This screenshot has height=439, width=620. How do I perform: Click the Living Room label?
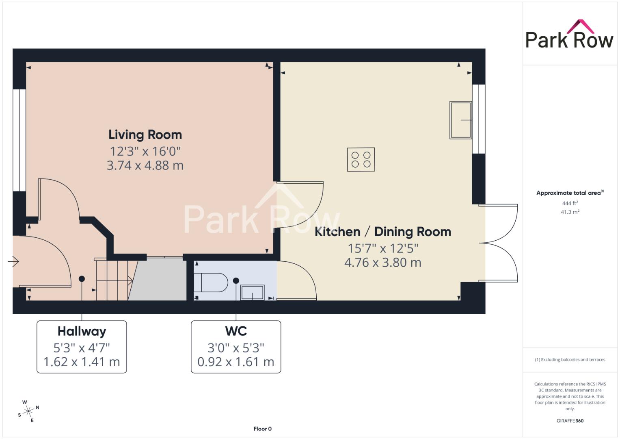145,135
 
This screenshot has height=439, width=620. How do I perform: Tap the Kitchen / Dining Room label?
383,232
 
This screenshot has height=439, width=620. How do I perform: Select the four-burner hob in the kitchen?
361,159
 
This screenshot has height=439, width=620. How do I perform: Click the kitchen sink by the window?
460,120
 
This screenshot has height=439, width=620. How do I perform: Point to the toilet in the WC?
211,283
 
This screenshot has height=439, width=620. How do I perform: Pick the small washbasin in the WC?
252,292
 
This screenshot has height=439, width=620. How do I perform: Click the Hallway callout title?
82,331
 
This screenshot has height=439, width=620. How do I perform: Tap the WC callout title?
236,331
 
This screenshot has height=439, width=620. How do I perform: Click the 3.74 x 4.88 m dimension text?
145,165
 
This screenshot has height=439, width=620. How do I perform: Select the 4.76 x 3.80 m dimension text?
383,263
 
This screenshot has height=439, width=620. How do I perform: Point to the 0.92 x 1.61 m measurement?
236,362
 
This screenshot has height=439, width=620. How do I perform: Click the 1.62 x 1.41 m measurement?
82,362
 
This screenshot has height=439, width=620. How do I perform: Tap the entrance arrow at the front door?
13,261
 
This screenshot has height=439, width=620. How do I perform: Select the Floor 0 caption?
263,429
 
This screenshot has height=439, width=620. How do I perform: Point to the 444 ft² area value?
570,203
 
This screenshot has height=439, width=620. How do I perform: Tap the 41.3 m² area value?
570,212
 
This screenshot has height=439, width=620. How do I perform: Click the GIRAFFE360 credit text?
570,421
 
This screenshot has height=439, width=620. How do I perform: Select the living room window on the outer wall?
19,140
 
